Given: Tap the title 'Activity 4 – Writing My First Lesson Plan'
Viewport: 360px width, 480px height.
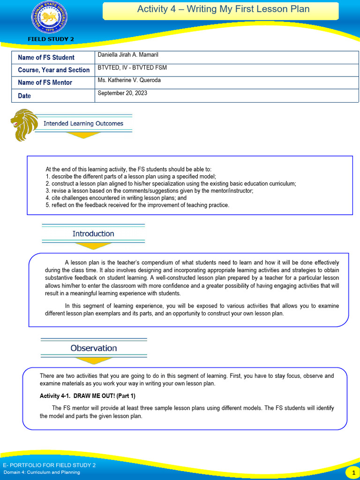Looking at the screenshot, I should (x=223, y=9).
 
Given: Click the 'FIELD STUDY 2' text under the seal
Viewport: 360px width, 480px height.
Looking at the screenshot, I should (x=51, y=39).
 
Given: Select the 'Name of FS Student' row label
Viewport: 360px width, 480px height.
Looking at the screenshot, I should (x=46, y=58).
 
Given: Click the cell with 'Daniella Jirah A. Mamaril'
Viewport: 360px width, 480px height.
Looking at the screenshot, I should (x=128, y=55).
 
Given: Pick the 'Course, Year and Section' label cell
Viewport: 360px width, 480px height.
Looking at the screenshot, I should (x=53, y=70).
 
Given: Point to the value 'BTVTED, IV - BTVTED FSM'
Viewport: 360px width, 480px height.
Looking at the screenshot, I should (x=132, y=68).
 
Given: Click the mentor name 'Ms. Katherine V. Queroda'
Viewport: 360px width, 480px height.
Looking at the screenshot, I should (x=129, y=80).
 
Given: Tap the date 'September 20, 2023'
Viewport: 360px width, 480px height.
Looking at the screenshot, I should (x=122, y=93).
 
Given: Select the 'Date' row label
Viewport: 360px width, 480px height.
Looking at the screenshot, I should (x=24, y=96).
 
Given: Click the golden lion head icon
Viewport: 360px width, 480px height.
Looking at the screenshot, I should (x=23, y=124).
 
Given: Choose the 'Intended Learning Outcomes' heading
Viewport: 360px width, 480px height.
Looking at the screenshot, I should (x=83, y=124).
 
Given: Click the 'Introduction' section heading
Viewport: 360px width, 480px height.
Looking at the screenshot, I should (x=93, y=233).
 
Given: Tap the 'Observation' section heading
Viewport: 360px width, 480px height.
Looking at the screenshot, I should (x=94, y=348).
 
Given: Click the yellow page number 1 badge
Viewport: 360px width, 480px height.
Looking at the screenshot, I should (x=352, y=472).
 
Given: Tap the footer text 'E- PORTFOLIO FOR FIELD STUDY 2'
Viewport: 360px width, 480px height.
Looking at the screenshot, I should (x=49, y=465).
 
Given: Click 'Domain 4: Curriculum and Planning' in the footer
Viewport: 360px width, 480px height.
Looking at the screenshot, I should (x=41, y=472).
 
